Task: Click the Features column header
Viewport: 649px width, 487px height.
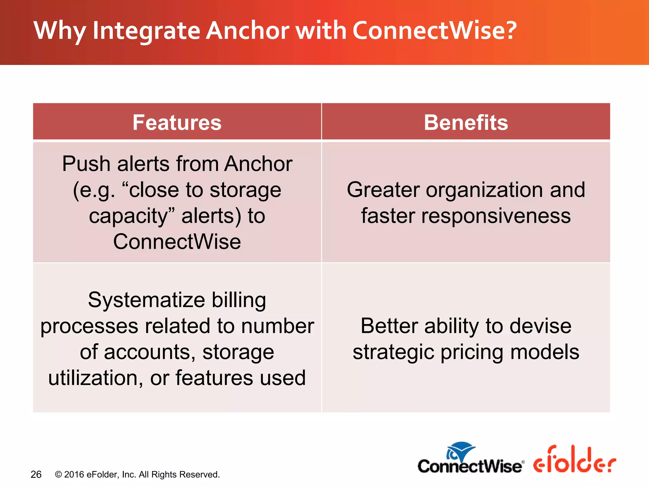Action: pos(177,122)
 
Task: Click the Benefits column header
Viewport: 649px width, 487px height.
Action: pos(466,122)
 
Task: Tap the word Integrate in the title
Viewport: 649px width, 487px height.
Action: pos(146,31)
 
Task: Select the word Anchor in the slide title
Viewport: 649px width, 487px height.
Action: pos(247,30)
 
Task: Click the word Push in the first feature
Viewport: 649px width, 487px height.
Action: pos(86,164)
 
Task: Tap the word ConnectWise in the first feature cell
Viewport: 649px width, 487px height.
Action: pos(177,242)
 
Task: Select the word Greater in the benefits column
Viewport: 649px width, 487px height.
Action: pos(383,190)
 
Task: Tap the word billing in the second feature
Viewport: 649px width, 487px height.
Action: pos(239,300)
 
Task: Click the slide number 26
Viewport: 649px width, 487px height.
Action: pos(36,475)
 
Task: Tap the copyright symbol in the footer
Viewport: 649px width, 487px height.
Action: pos(58,474)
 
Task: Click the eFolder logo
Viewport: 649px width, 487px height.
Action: pos(574,460)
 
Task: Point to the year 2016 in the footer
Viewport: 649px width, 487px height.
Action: pos(74,474)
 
